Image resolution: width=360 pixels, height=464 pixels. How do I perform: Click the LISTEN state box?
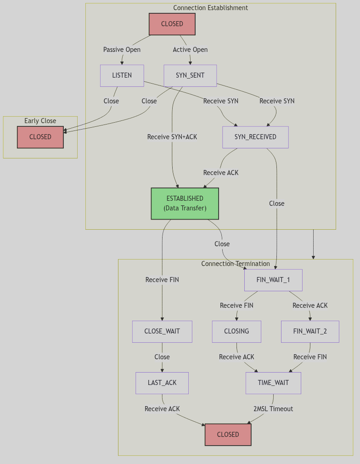[122, 75]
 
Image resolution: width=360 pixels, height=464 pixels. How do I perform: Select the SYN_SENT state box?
[190, 75]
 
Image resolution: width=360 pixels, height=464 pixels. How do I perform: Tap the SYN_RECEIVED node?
[255, 137]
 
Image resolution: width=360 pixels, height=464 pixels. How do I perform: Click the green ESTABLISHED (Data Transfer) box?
[185, 203]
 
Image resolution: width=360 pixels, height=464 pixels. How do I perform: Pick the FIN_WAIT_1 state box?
[273, 280]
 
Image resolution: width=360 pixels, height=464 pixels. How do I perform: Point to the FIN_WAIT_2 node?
[310, 331]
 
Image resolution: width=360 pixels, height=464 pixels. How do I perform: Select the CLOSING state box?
[236, 331]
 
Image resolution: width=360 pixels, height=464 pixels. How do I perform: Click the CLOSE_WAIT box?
[162, 331]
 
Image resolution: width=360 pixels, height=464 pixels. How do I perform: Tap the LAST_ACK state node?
[162, 383]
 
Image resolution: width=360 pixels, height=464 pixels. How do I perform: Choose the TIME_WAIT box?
[273, 383]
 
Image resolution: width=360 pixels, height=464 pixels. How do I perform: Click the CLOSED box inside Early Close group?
[40, 137]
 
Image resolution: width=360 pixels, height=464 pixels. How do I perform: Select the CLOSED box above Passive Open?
[172, 24]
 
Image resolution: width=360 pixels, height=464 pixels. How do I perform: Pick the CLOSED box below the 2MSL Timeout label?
[228, 435]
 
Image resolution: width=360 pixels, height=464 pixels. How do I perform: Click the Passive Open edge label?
[122, 50]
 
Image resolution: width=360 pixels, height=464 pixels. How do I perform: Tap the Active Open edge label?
[190, 50]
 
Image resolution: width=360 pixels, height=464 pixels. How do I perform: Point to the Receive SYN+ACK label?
[172, 137]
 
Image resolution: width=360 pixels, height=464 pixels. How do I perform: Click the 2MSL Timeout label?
[273, 409]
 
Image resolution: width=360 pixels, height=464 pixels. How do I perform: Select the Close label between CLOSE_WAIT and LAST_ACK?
[162, 357]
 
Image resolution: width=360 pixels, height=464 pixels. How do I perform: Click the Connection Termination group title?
[236, 264]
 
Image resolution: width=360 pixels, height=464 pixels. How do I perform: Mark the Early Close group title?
[40, 121]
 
